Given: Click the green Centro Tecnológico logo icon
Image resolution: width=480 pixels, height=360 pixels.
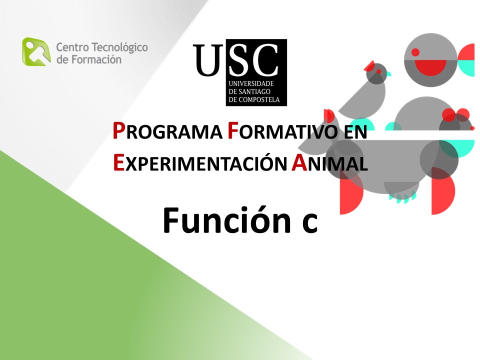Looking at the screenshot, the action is (36, 51).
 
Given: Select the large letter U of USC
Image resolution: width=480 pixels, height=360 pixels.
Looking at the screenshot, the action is (208, 59).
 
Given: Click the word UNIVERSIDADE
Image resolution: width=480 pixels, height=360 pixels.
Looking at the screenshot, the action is (251, 83).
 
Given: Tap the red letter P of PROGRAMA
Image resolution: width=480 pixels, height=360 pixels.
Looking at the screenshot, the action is (119, 130).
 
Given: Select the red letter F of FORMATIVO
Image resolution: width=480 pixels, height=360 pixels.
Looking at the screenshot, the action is (233, 130).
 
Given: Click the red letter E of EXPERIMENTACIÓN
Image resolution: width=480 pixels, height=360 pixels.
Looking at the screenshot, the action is (118, 162).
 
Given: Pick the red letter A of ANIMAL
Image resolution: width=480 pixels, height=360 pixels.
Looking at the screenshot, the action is (299, 162).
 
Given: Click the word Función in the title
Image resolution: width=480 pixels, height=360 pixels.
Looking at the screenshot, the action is (227, 220).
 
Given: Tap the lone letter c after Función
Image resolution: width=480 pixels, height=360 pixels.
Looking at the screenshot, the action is (310, 223).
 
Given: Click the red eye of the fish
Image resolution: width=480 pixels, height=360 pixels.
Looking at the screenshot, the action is (415, 52).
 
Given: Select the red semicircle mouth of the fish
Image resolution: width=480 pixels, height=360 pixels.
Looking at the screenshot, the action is (430, 67).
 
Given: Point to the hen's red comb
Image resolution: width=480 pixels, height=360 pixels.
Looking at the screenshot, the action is (370, 65).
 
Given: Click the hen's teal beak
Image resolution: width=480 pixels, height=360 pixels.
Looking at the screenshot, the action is (389, 73).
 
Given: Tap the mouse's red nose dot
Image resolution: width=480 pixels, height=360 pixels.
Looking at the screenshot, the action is (472, 128).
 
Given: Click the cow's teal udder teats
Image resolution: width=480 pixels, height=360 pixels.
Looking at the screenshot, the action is (402, 197).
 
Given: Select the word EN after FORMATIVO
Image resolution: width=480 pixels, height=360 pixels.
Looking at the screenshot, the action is (355, 132).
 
